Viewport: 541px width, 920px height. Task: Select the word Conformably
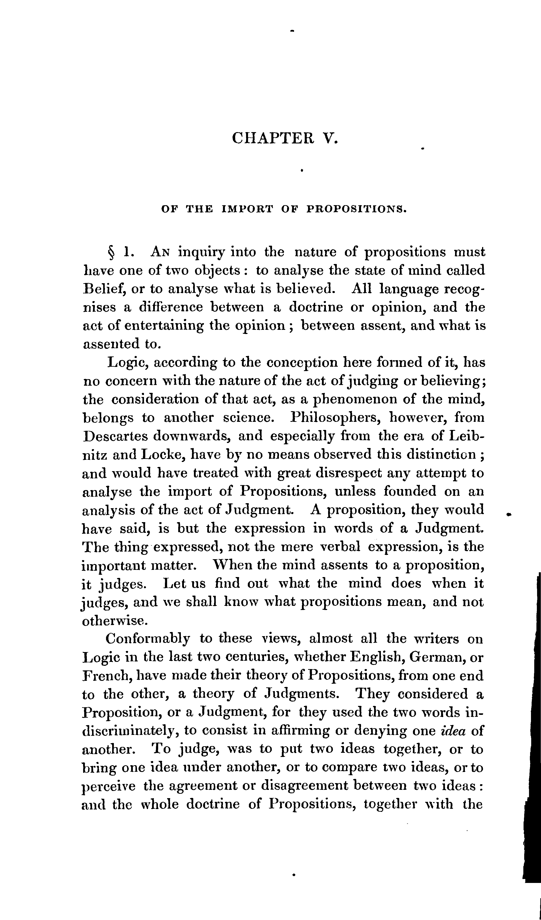(148, 639)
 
